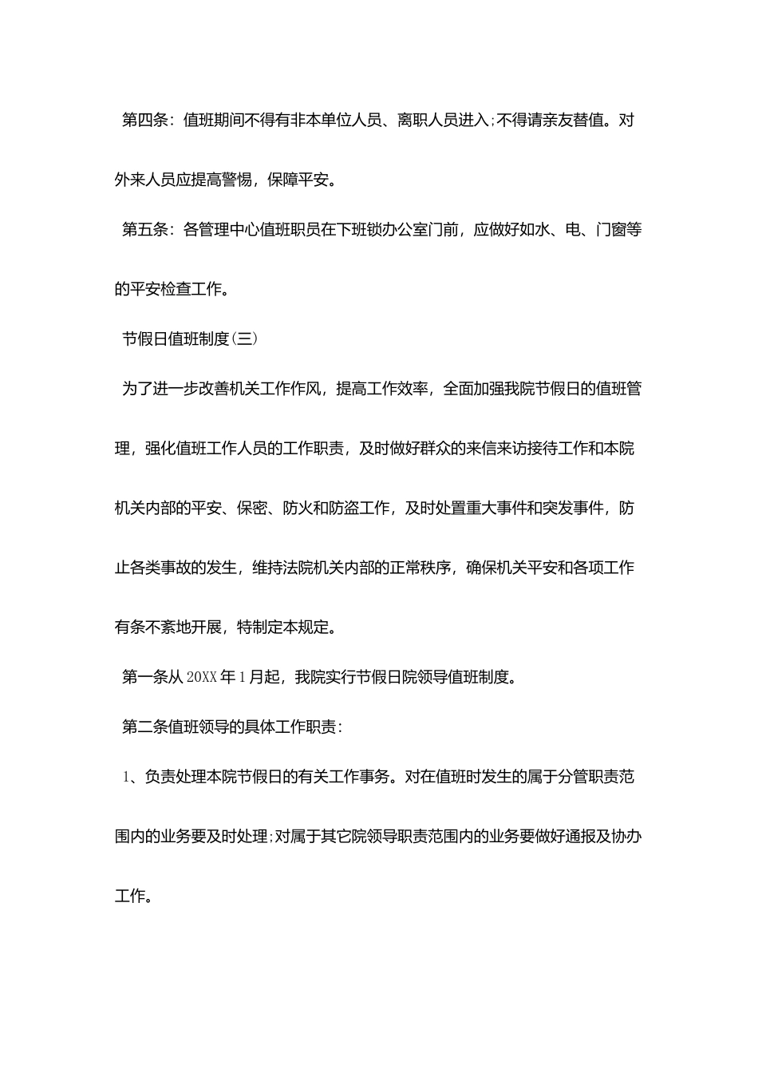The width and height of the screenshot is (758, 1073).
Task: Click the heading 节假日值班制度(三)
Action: pos(190,339)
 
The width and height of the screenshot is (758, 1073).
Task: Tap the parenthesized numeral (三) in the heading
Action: pos(243,339)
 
